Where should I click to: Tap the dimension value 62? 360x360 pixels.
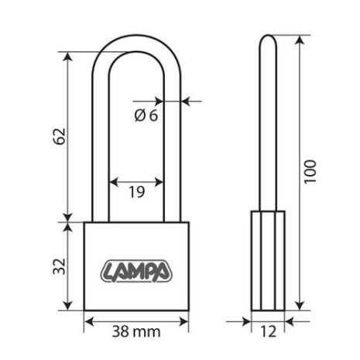[x=59, y=135]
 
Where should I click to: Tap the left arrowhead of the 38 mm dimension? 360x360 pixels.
[x=87, y=320]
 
